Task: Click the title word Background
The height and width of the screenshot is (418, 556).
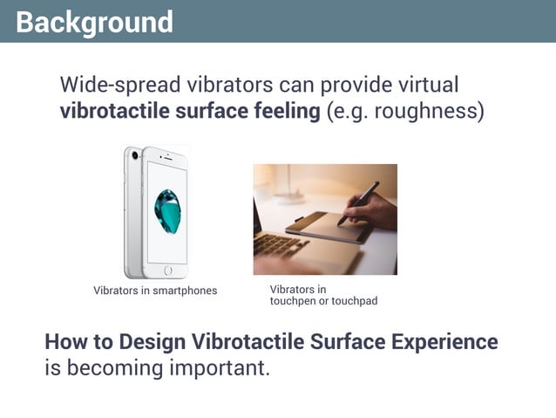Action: [94, 21]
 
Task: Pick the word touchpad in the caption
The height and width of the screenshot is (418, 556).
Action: [356, 301]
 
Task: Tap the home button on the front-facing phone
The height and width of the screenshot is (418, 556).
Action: [167, 271]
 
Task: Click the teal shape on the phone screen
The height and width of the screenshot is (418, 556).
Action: [166, 210]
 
